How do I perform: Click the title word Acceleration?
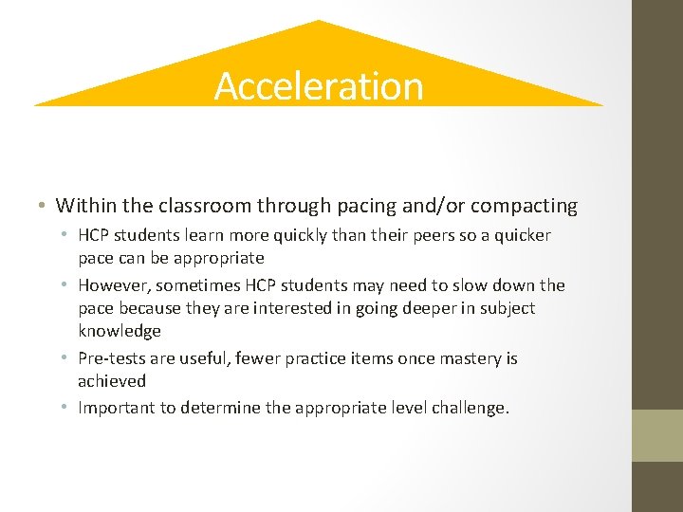coord(319,86)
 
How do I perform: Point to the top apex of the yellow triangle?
coord(319,22)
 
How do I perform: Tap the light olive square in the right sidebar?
coord(656,435)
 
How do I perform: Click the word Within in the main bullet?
coord(83,205)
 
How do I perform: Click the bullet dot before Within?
coord(45,206)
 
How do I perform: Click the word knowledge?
coord(120,331)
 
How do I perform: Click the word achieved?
coord(112,381)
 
